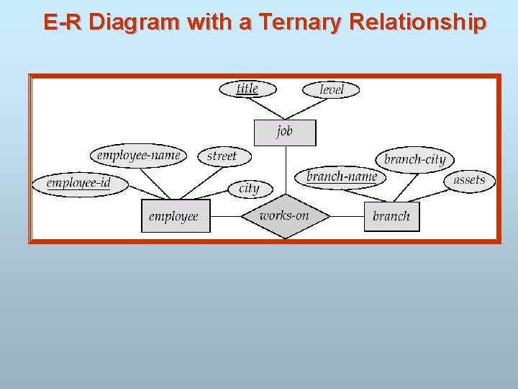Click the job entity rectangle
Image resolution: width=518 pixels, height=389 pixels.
coord(285,133)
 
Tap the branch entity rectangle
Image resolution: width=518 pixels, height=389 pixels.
coord(391,216)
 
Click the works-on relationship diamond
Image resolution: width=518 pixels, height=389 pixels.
coord(285,216)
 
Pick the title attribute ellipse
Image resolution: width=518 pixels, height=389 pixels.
coord(247,89)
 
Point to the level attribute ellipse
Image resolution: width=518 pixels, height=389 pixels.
coord(331,89)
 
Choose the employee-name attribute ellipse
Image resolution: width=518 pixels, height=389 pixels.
coord(139,155)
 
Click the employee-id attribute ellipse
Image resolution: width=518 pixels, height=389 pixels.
coord(79,184)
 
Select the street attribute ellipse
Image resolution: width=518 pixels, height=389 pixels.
coord(222,156)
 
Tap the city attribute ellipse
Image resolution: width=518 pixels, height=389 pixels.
coord(249,189)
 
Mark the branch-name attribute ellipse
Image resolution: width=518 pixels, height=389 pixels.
coord(341,177)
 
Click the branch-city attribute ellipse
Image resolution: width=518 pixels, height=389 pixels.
coord(415,160)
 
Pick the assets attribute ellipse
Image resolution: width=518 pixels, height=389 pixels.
coord(469,180)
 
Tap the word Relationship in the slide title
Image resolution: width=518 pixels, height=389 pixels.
coord(417,22)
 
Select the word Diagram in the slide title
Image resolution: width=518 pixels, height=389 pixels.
coord(135,22)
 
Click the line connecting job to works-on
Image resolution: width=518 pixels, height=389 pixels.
coord(286,169)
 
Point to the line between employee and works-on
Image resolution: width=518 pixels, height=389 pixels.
coord(225,216)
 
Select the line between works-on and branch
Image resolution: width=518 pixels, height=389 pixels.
coord(347,216)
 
